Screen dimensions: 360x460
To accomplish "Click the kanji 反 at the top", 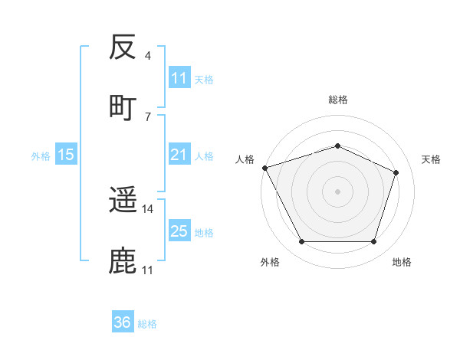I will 123,48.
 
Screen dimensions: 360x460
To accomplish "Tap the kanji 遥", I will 123,201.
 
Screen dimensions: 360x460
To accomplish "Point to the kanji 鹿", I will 123,260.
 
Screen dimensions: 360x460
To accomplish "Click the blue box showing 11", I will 179,78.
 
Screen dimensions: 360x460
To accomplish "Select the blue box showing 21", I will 179,155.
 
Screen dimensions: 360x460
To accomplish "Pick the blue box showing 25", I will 179,231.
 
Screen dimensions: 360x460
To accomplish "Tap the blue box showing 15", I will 66,155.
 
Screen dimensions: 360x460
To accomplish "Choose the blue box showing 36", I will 123,322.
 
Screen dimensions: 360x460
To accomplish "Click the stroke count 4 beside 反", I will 148,56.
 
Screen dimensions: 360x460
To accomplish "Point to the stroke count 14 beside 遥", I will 148,208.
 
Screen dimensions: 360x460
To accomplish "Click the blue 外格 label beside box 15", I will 41,155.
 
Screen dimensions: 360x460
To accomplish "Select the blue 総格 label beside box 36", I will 147,324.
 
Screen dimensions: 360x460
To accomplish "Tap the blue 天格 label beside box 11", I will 204,79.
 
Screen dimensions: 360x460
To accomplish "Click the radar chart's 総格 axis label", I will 338,100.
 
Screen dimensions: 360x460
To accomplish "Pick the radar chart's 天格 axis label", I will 432,159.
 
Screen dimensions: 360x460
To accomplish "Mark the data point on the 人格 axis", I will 264,168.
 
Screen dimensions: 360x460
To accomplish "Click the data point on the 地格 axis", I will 373,242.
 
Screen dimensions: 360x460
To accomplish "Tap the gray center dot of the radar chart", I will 338,191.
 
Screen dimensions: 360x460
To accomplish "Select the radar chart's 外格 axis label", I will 270,262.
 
